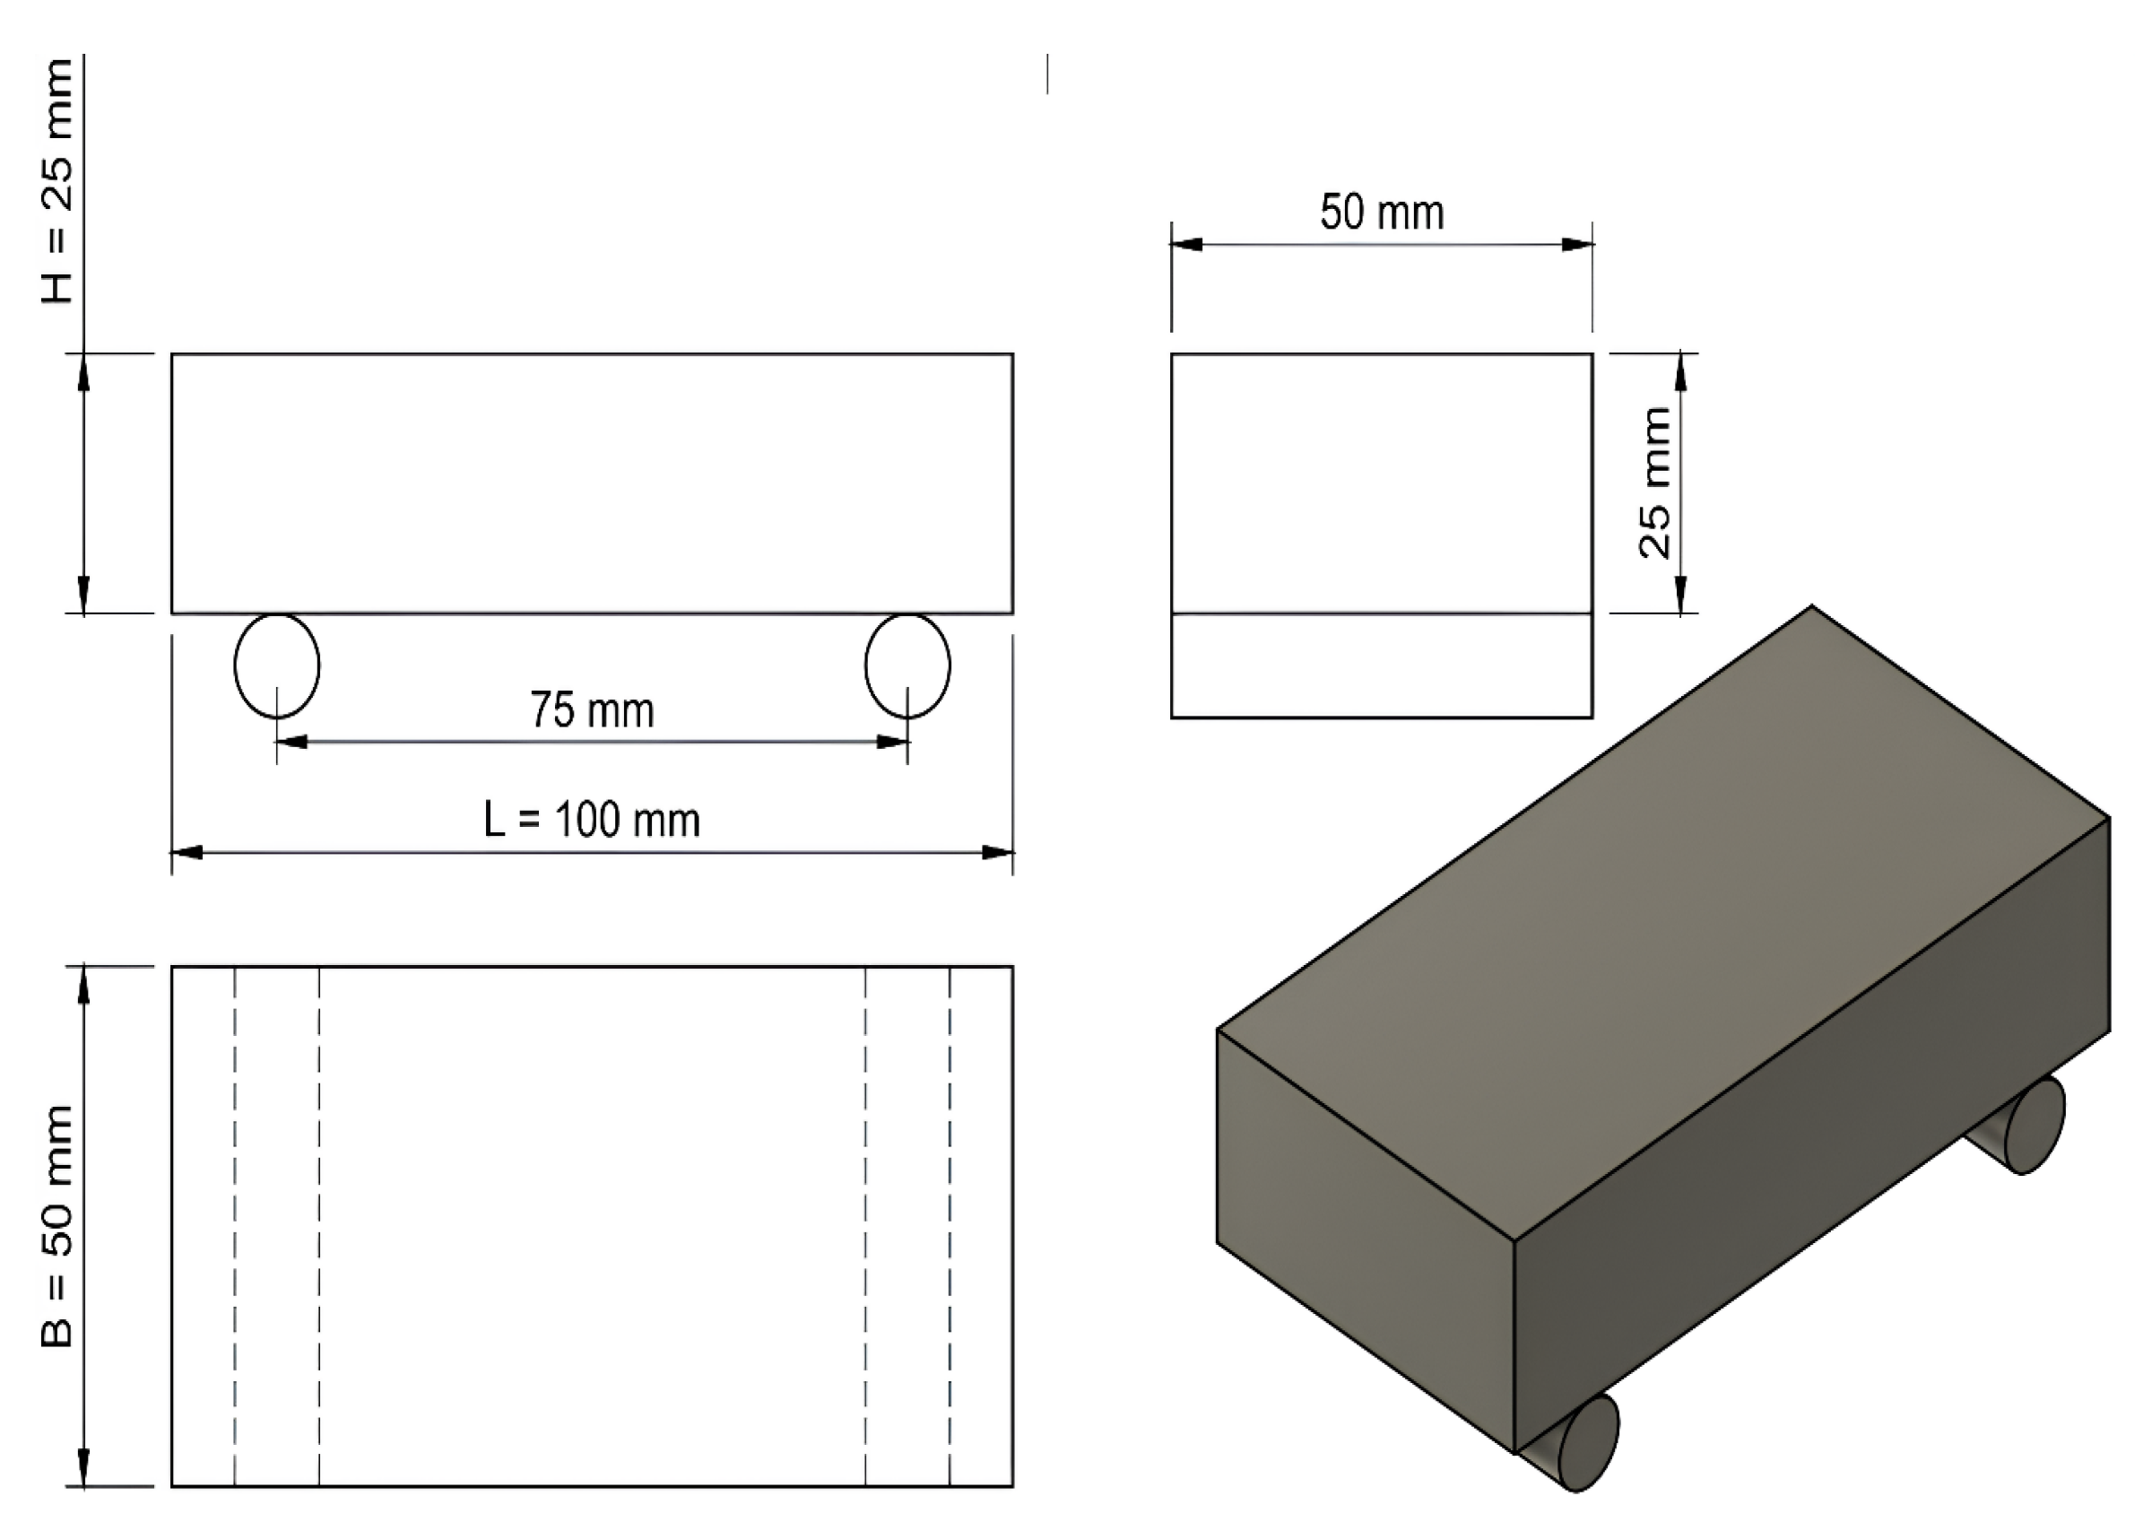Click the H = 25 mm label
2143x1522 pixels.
pos(56,180)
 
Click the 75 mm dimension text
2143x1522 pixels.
pos(591,709)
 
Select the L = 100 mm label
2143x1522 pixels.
pos(591,819)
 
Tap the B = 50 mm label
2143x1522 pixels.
pos(56,1226)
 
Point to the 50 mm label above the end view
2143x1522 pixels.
pos(1381,212)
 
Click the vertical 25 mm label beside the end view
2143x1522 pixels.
pos(1655,483)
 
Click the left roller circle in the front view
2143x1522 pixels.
pos(276,665)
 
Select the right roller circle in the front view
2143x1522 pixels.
pos(907,665)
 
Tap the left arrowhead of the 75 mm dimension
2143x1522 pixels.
pos(291,742)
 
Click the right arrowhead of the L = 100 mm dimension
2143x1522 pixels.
pos(998,852)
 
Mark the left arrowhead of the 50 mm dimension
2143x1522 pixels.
pos(1186,245)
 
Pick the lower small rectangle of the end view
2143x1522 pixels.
pos(1381,665)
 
